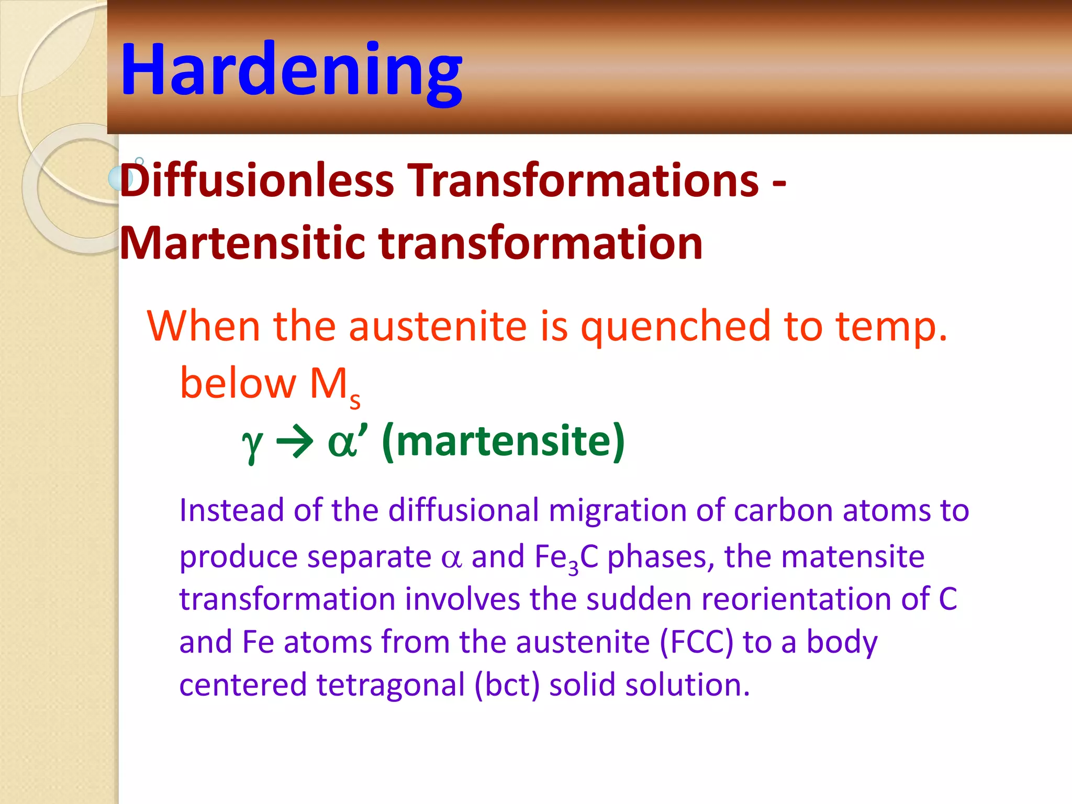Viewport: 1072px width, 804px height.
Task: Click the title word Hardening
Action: pos(291,69)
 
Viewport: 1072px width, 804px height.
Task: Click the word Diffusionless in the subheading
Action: pos(256,181)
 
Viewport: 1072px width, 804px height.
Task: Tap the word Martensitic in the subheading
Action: pos(242,243)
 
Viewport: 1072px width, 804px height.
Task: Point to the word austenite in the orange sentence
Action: pos(438,326)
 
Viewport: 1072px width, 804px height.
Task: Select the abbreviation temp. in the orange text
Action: pos(891,326)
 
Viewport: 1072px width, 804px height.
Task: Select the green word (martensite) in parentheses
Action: pos(504,441)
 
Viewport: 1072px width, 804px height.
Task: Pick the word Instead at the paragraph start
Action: pos(231,510)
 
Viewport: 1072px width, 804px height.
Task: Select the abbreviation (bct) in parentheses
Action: pos(507,685)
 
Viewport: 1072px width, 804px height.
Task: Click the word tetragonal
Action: pos(390,686)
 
